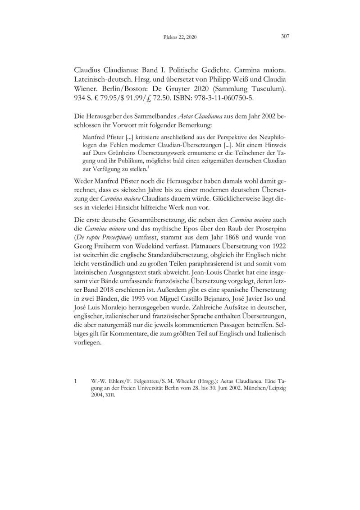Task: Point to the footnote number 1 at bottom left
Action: [x=75, y=381]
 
